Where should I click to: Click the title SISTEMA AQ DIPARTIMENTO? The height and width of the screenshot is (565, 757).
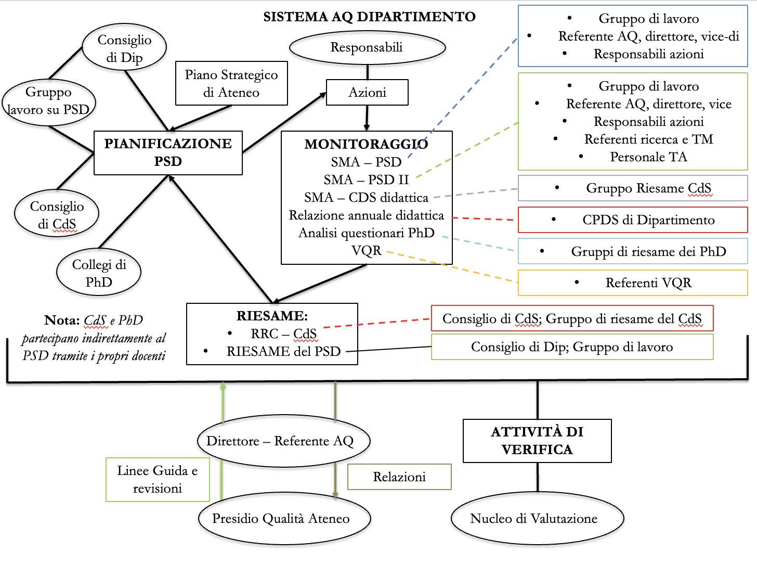point(369,17)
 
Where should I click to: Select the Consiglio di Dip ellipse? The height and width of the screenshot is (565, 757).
point(125,48)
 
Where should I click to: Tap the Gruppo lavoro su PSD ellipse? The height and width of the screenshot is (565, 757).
point(49,101)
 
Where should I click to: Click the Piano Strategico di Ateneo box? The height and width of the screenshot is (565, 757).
point(231,84)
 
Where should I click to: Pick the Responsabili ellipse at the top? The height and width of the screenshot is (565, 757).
point(367,47)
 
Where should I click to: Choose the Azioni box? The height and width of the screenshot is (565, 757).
point(367,93)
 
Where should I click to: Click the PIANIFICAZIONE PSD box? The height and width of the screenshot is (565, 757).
point(168,152)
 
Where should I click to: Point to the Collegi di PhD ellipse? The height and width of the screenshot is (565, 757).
point(99,273)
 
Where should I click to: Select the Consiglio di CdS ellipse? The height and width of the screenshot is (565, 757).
point(57,215)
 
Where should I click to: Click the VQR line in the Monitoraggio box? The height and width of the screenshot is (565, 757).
point(367,251)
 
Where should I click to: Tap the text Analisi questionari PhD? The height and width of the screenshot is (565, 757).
point(367,233)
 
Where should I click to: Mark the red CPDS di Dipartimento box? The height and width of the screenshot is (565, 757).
point(633,220)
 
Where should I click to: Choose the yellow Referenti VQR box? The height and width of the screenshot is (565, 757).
point(633,282)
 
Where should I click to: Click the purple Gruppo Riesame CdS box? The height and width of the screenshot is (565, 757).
point(633,188)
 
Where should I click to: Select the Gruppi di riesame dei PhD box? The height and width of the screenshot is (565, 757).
point(633,251)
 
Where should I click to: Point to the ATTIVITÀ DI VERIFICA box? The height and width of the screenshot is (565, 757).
point(537,441)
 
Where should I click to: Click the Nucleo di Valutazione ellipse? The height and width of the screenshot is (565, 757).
point(537,519)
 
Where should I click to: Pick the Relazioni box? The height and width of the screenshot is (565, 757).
point(399,477)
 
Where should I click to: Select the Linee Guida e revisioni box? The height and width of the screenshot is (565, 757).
point(158,479)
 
